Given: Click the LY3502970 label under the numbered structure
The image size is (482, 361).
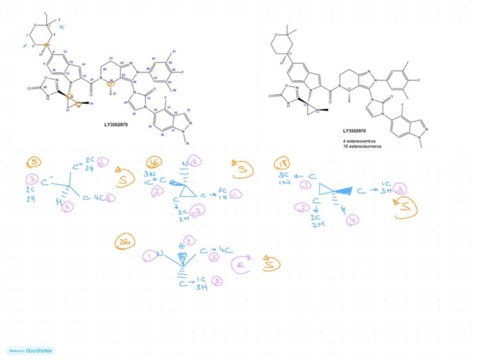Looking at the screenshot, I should tap(115, 124).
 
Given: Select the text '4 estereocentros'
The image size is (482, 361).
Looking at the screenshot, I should tap(359, 141).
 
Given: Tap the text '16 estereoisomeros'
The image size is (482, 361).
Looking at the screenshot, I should tap(362, 146).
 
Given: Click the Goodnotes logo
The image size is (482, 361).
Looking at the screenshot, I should tap(31, 351).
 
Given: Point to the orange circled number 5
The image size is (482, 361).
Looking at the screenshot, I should tap(34, 162).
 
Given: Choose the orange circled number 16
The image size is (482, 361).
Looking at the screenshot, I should tap(153, 163).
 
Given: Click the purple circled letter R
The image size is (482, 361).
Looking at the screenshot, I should tap(241, 265).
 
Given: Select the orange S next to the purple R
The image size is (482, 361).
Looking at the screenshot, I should tap(272, 265).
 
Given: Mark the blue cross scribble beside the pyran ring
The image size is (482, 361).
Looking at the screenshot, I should tap(62, 26).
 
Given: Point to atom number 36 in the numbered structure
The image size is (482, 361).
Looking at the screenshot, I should tap(186, 143).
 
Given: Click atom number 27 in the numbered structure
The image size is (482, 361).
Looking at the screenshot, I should tap(114, 94).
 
